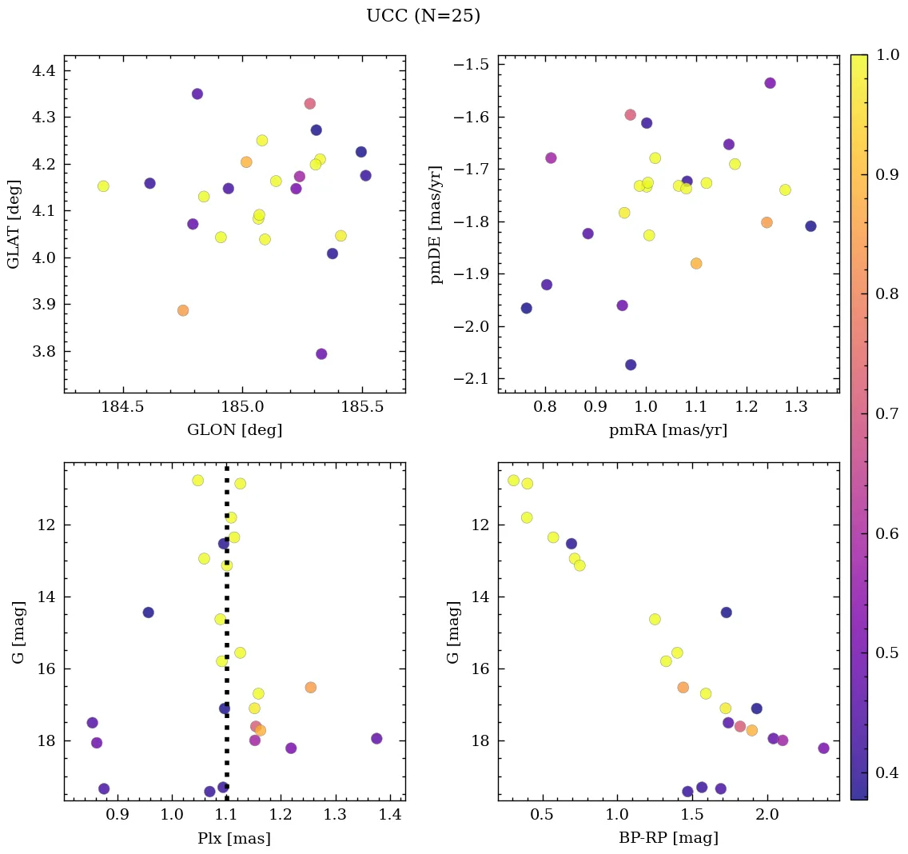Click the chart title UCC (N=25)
click(x=423, y=16)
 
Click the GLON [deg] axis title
click(x=234, y=430)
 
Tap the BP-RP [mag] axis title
click(x=668, y=838)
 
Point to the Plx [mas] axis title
click(x=234, y=838)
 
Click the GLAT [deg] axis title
click(x=14, y=224)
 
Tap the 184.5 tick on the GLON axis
click(x=122, y=407)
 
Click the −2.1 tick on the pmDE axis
click(x=471, y=379)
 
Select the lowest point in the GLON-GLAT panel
click(x=321, y=354)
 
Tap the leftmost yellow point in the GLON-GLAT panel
click(x=103, y=186)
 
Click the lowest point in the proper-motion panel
click(x=631, y=365)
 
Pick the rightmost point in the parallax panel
click(x=376, y=739)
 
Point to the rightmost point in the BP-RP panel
click(x=823, y=748)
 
